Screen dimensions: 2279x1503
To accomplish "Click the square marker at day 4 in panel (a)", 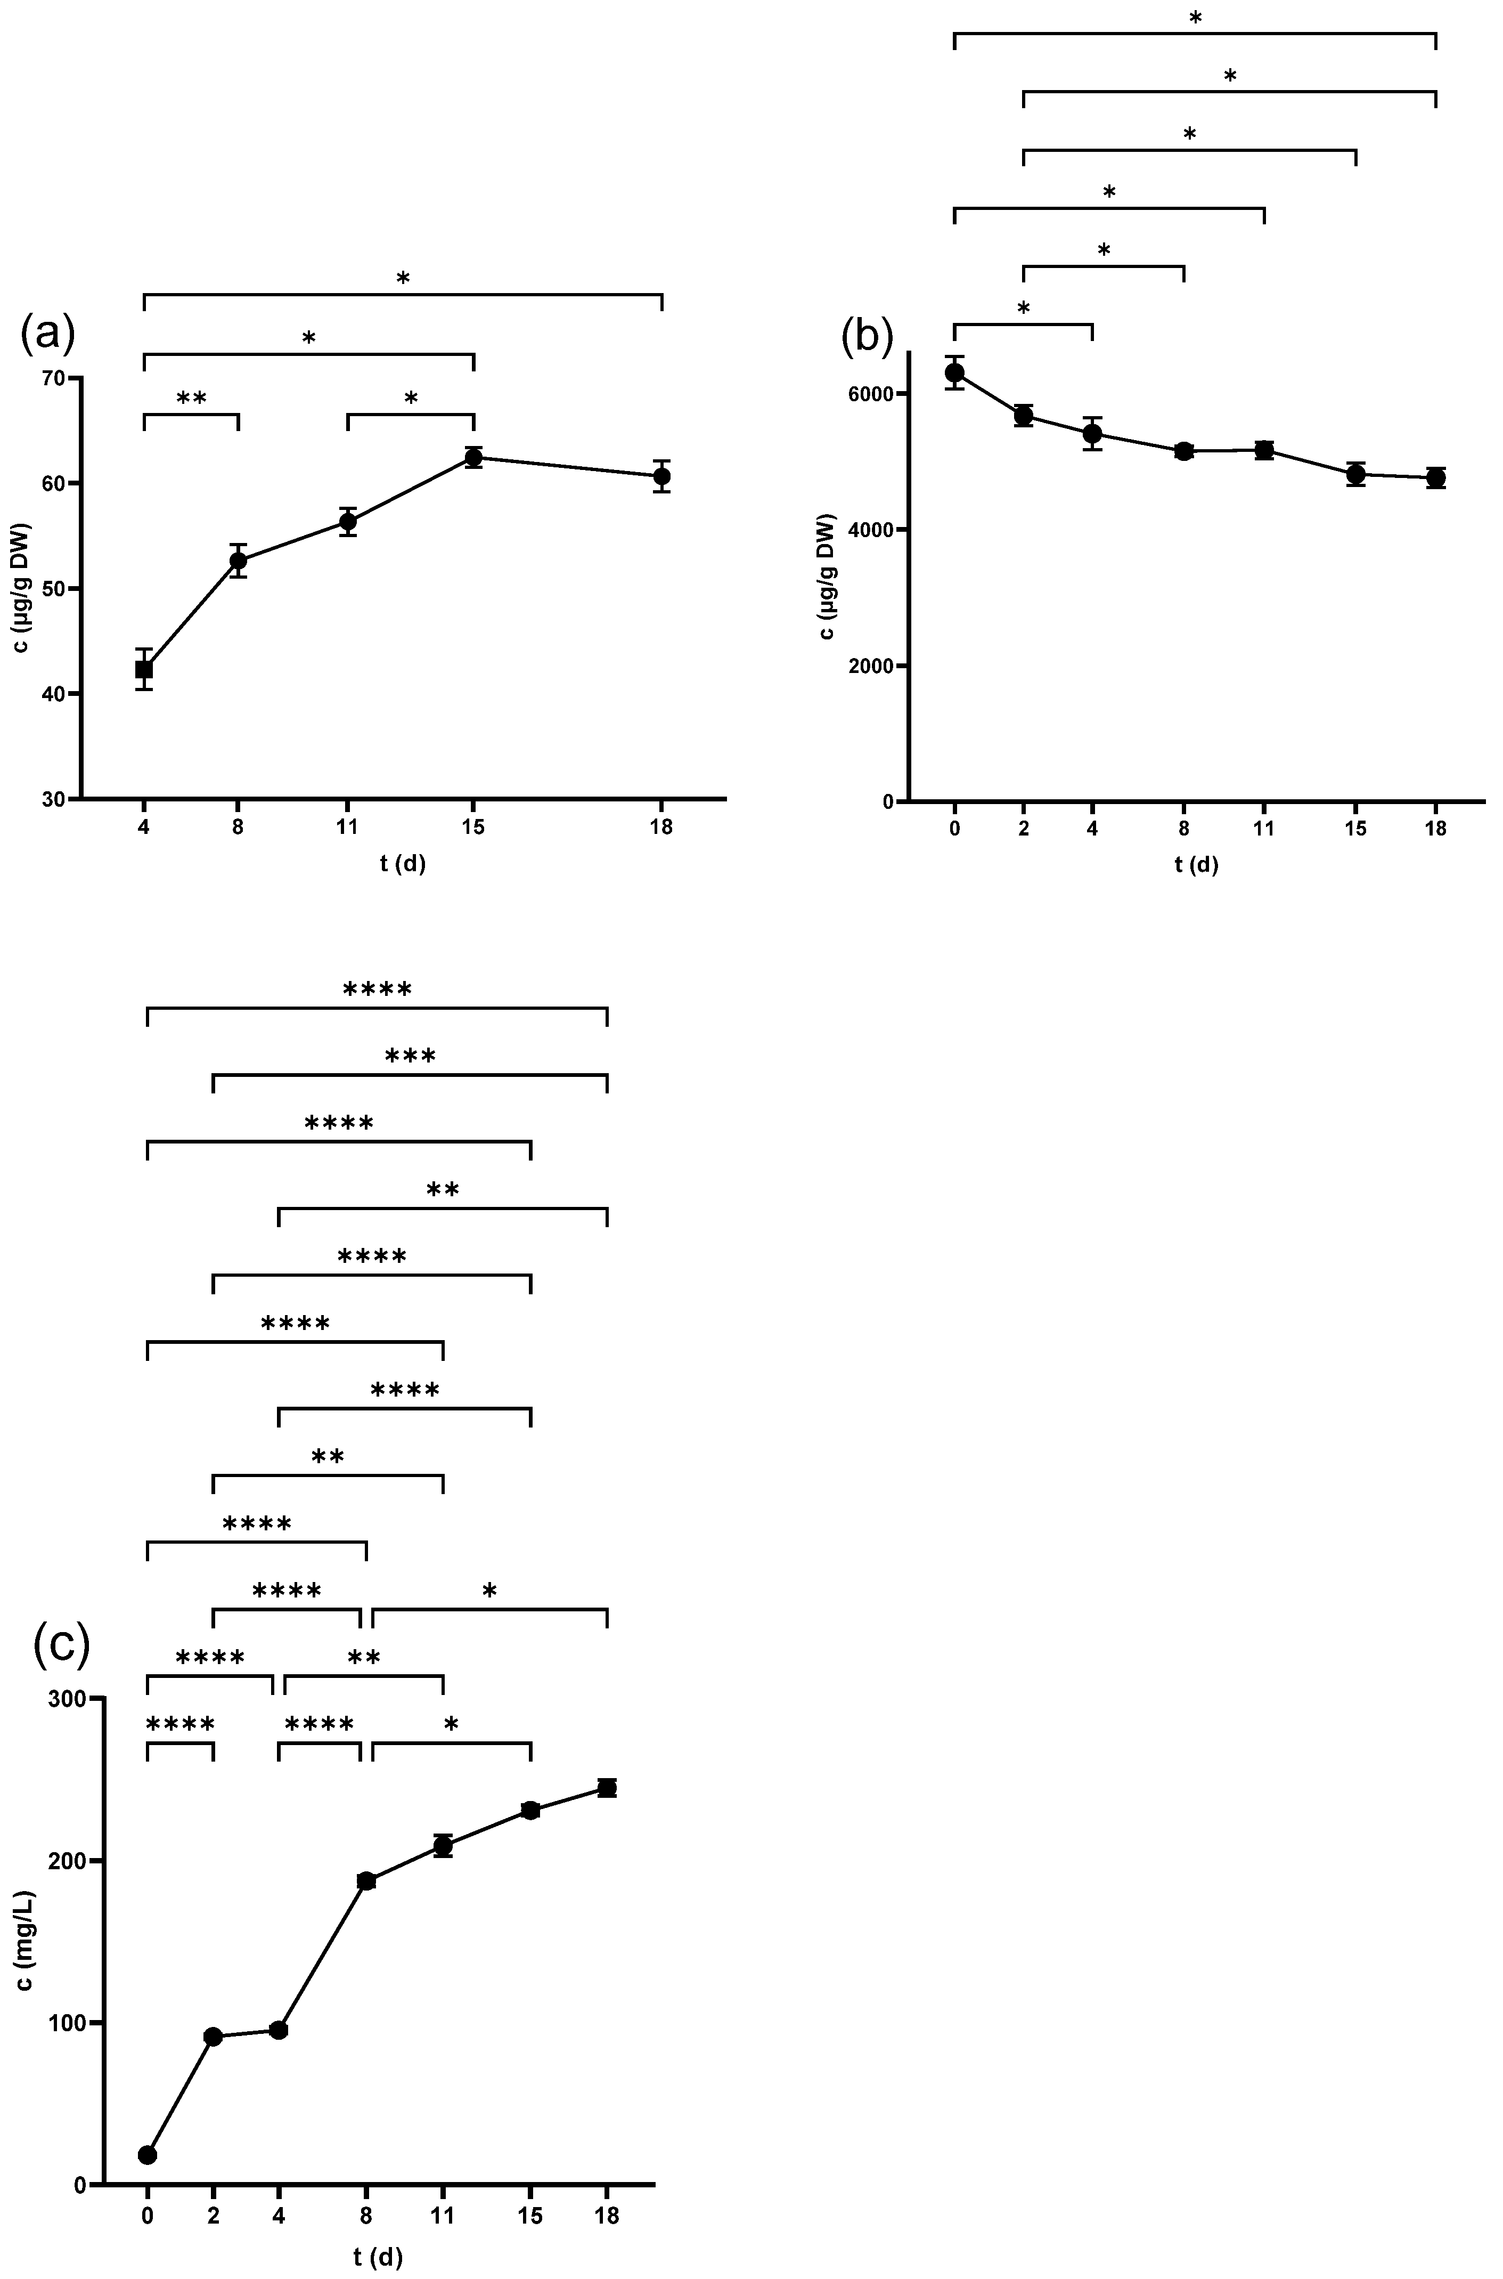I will click(144, 669).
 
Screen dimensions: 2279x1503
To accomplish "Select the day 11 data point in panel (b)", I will click(1263, 450).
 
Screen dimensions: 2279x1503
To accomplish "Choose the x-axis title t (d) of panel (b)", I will click(1196, 865).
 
